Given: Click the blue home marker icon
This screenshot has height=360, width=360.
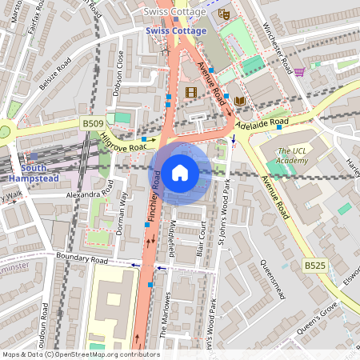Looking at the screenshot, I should [x=180, y=173].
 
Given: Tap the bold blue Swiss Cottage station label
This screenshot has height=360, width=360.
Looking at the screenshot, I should [x=176, y=30].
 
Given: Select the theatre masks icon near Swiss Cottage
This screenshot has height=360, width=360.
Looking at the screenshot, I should [x=225, y=14].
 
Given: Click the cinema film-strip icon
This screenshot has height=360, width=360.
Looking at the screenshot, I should [x=190, y=93].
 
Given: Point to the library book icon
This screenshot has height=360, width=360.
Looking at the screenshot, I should [x=240, y=100].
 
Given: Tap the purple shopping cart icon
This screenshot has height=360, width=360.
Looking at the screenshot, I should [x=299, y=72].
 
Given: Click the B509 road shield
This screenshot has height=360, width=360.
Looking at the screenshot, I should [x=93, y=124].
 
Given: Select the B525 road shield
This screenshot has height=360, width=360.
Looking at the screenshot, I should [x=314, y=264].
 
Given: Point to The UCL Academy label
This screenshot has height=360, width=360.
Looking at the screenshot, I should [x=292, y=157].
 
